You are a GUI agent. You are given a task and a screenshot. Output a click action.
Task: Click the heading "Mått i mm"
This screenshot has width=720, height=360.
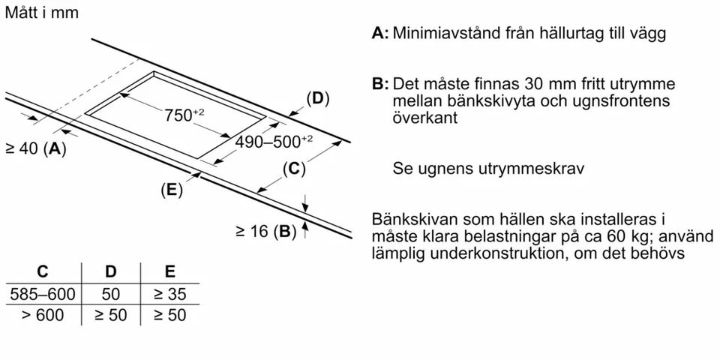[42, 13]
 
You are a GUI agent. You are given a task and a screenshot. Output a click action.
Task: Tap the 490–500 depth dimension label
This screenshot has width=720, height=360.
[274, 142]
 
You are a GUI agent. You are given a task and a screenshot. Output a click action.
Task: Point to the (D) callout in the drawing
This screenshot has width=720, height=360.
[318, 100]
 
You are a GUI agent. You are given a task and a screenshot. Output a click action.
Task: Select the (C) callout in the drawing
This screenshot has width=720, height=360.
[294, 169]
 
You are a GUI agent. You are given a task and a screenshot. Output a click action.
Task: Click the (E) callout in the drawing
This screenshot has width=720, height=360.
[172, 190]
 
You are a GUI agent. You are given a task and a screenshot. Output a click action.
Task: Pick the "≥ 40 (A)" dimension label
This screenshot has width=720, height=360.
[36, 148]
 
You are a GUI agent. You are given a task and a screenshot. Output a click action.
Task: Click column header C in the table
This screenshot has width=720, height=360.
[42, 271]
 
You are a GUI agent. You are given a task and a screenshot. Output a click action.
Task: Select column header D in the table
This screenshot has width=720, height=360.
[111, 271]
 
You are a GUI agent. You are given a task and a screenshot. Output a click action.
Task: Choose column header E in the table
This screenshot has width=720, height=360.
[170, 271]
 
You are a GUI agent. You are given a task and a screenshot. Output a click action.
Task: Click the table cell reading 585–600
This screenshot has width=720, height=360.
[42, 294]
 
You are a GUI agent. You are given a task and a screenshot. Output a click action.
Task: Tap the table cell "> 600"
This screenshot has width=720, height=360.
[42, 315]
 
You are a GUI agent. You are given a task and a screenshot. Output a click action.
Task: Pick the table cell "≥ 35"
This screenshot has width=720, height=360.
[170, 294]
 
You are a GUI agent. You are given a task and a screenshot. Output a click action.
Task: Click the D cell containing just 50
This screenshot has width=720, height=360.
[111, 294]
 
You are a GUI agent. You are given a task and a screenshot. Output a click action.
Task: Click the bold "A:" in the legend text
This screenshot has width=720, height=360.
[381, 34]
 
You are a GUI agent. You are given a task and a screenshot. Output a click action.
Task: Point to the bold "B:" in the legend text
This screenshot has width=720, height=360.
[381, 85]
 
